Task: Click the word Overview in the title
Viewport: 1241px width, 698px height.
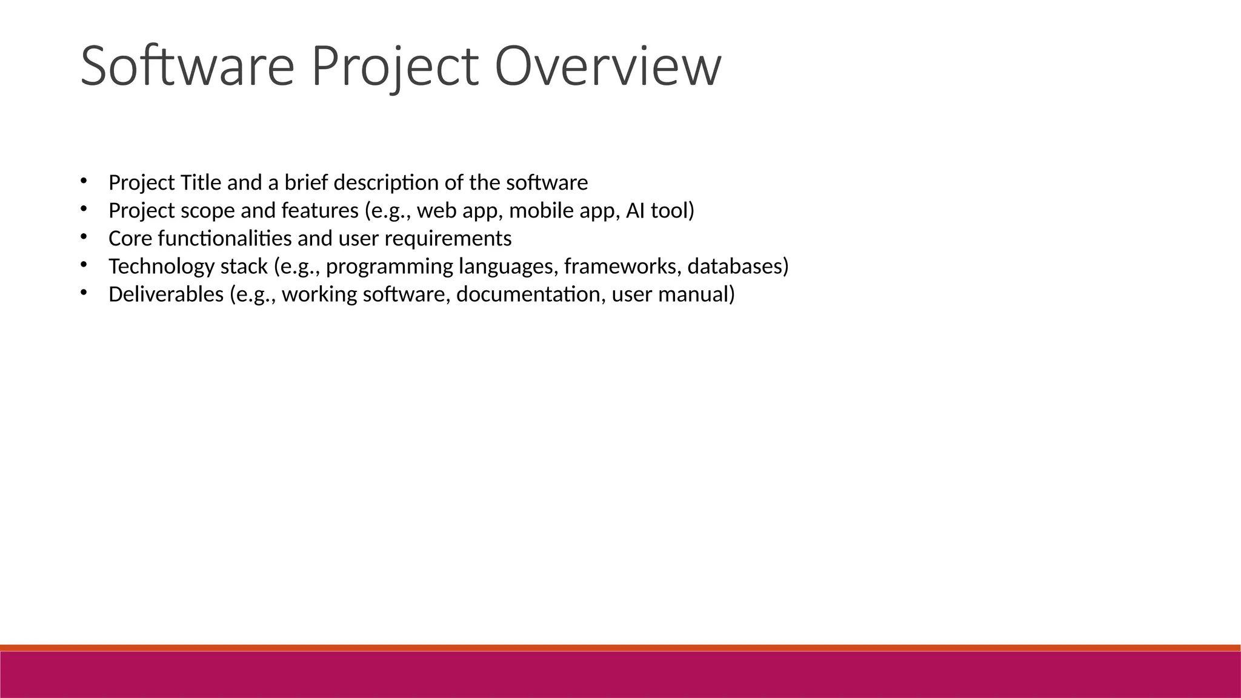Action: [x=608, y=67]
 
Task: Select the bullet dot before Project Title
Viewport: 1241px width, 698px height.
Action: [x=84, y=181]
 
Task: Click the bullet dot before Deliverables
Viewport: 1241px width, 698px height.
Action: [x=84, y=293]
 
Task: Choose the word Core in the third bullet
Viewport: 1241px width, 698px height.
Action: [x=130, y=239]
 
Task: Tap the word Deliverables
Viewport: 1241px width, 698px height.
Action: [x=166, y=294]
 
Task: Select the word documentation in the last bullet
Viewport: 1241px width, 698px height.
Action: [x=530, y=294]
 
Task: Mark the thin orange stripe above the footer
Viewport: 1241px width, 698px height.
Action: [x=620, y=648]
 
